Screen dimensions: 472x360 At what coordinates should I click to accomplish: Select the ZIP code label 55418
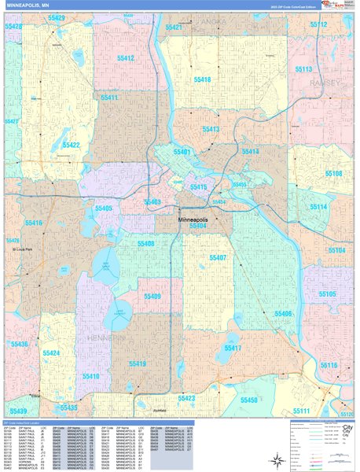(201, 80)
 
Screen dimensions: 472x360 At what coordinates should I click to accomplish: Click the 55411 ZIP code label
(108, 98)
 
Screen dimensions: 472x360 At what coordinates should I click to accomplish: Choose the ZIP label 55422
(72, 146)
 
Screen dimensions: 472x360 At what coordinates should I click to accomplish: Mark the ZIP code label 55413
(211, 129)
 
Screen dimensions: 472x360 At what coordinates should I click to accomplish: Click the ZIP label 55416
(33, 224)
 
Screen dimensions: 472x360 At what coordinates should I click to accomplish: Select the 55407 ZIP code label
(217, 258)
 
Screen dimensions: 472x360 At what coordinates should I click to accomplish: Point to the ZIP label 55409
(151, 297)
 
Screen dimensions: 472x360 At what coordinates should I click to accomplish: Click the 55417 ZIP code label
(233, 348)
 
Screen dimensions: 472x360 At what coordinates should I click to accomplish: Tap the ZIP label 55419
(138, 364)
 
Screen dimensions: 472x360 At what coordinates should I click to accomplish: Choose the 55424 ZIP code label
(51, 354)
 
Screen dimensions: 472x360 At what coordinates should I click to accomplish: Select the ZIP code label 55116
(328, 366)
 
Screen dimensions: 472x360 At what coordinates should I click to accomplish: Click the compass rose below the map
(347, 430)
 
